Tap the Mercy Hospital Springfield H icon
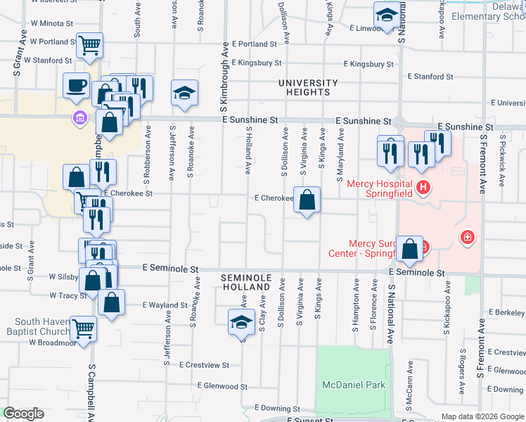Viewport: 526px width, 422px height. (423, 187)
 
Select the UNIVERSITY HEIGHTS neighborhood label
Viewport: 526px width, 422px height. (308, 87)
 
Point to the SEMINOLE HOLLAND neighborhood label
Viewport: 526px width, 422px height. (245, 283)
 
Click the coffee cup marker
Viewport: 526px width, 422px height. (76, 87)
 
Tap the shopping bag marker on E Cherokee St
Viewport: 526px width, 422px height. (307, 200)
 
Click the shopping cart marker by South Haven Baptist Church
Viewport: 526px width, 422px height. (84, 327)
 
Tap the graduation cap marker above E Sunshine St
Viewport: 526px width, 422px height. (184, 93)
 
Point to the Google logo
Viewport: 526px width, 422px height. (23, 414)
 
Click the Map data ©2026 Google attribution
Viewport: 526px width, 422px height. (482, 416)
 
